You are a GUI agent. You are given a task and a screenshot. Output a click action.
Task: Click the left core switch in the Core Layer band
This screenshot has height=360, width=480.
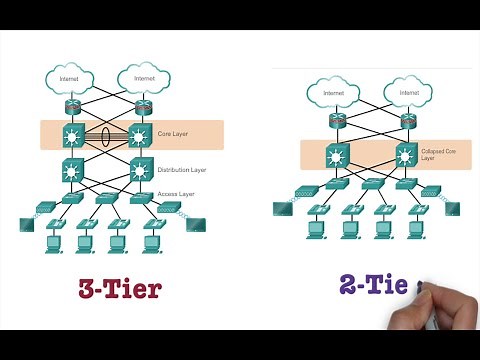click(72, 135)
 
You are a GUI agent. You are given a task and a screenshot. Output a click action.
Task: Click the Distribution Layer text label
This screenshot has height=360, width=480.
click(183, 169)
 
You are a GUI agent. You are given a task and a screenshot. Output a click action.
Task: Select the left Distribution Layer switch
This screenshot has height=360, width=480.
click(72, 168)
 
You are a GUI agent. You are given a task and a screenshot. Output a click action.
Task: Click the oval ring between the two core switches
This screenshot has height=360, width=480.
click(105, 135)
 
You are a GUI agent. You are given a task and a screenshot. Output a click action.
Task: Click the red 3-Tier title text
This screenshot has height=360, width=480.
click(120, 290)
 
